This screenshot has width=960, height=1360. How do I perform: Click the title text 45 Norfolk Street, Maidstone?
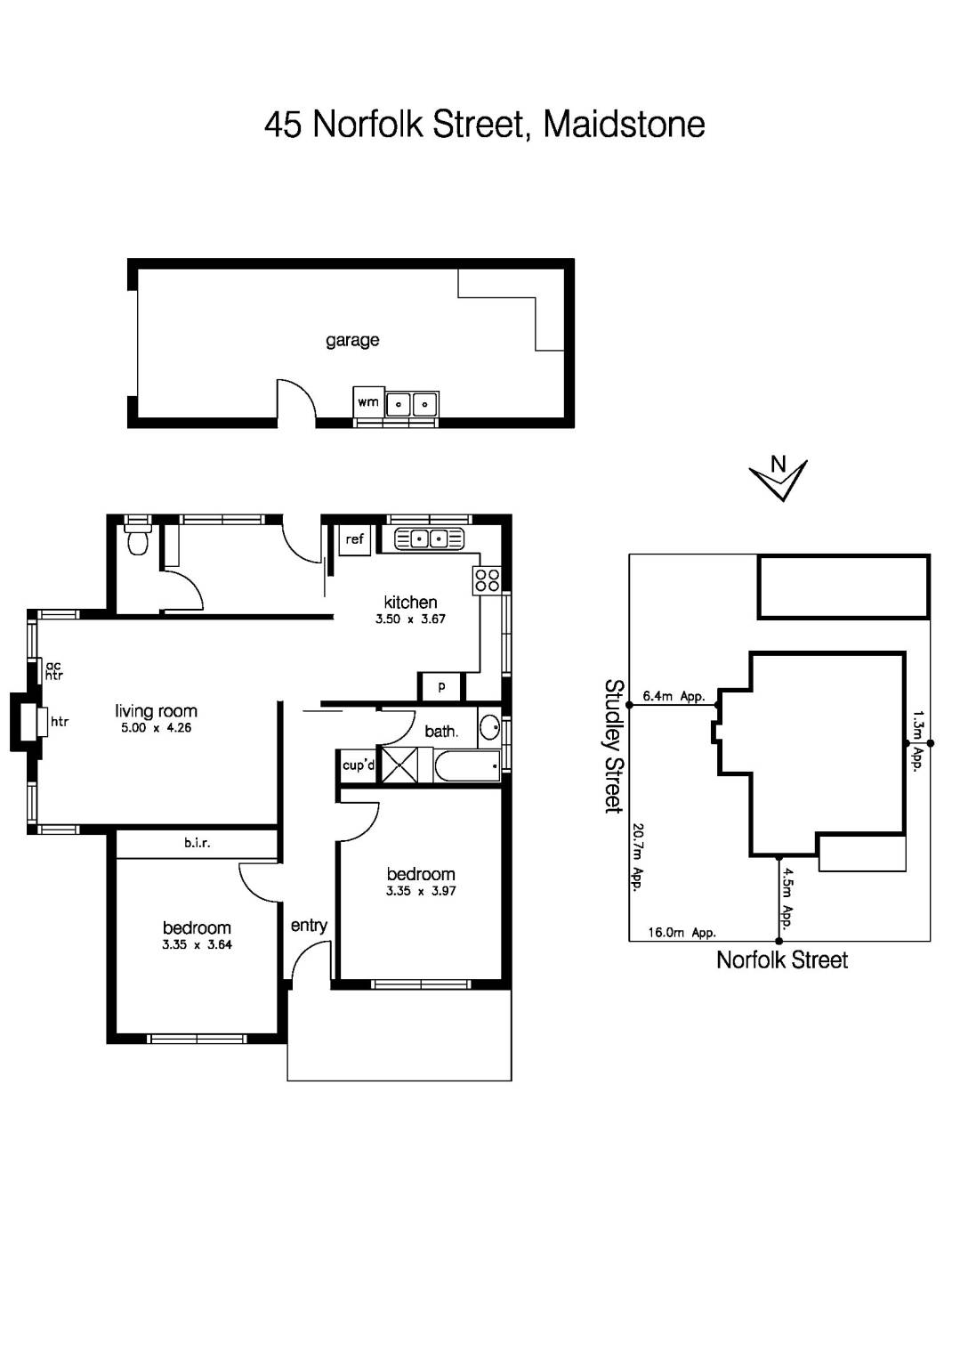point(484,125)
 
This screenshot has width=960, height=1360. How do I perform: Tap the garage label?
point(352,340)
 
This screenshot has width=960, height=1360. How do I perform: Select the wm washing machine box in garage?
point(368,401)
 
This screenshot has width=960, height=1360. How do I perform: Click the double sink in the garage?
point(412,404)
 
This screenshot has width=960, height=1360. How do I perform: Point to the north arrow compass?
point(779,478)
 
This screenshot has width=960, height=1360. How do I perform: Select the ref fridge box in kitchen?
point(354,539)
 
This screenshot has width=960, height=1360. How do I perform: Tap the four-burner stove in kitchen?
point(487,580)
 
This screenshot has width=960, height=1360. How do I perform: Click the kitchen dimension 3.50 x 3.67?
point(410,619)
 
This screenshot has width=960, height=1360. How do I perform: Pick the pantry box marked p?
point(441,686)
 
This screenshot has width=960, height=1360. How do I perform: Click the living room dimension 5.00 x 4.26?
point(156,728)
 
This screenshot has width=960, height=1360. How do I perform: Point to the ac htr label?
point(53,670)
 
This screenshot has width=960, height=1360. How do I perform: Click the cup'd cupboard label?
point(358,765)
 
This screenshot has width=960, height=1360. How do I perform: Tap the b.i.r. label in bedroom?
point(197,842)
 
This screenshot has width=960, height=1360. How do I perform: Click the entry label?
point(309,926)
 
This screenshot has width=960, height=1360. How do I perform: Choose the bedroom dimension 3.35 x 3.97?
point(421,891)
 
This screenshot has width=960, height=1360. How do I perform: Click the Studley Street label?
point(613,746)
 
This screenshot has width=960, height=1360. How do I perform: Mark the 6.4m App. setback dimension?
point(674,696)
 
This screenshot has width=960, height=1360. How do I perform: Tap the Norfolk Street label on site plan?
point(781,959)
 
